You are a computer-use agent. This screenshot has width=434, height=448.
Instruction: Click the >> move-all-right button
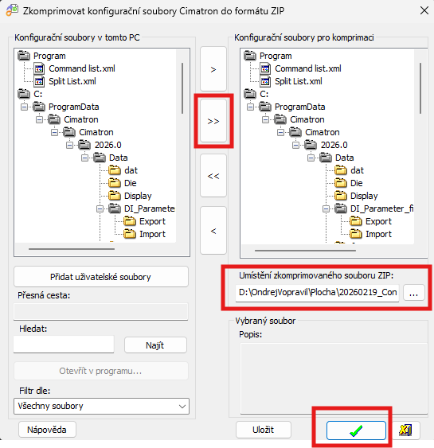(213, 121)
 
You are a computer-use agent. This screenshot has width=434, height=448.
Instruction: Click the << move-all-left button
(213, 176)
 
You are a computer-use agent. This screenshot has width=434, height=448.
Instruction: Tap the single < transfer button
(213, 231)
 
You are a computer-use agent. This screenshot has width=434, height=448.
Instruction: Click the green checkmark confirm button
(356, 430)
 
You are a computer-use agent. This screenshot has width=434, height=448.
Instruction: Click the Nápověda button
(47, 430)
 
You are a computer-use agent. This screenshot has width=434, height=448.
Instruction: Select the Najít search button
(155, 345)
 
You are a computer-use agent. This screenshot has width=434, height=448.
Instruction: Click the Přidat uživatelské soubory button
(101, 277)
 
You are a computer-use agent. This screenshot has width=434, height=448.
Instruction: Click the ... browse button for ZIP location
(414, 293)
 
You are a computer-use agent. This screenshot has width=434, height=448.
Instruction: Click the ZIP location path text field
(317, 293)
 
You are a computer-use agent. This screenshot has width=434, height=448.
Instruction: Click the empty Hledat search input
(64, 345)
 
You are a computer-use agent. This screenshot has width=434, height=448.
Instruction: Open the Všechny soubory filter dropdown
(101, 406)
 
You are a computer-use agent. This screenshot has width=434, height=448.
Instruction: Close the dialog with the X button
(424, 10)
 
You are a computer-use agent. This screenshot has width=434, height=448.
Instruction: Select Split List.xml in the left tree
(72, 81)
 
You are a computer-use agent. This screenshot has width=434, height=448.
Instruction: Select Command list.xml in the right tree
(308, 68)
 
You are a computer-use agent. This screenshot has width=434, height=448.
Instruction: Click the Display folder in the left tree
(138, 196)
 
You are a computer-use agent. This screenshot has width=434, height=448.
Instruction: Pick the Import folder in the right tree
(378, 234)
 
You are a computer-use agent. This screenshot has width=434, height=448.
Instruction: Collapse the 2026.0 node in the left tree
(69, 145)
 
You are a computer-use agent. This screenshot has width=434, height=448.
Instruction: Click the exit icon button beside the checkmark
(405, 430)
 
